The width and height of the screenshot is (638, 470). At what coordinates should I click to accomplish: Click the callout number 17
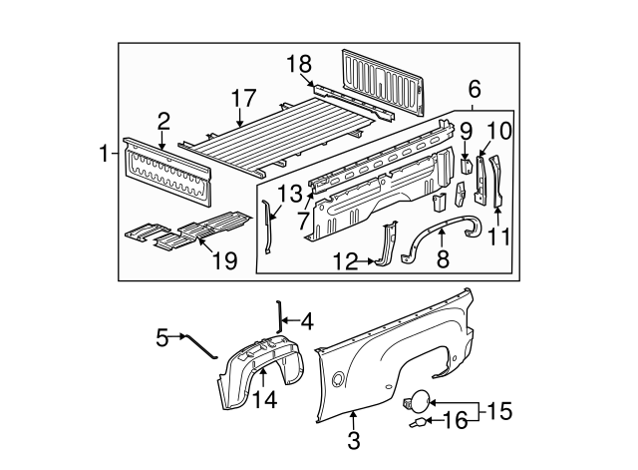click(x=242, y=100)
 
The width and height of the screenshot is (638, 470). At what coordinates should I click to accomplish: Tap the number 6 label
click(x=474, y=88)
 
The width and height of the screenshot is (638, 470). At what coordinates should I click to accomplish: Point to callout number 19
click(x=224, y=261)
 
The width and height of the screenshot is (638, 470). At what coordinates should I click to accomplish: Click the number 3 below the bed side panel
click(x=354, y=438)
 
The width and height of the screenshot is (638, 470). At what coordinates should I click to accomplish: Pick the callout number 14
click(x=263, y=399)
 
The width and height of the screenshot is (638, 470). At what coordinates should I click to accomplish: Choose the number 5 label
click(x=162, y=337)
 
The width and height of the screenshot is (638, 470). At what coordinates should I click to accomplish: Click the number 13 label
click(x=287, y=193)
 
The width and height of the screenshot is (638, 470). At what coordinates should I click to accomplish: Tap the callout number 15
click(x=500, y=410)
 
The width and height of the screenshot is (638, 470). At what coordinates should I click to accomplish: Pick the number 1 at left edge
click(x=103, y=155)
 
